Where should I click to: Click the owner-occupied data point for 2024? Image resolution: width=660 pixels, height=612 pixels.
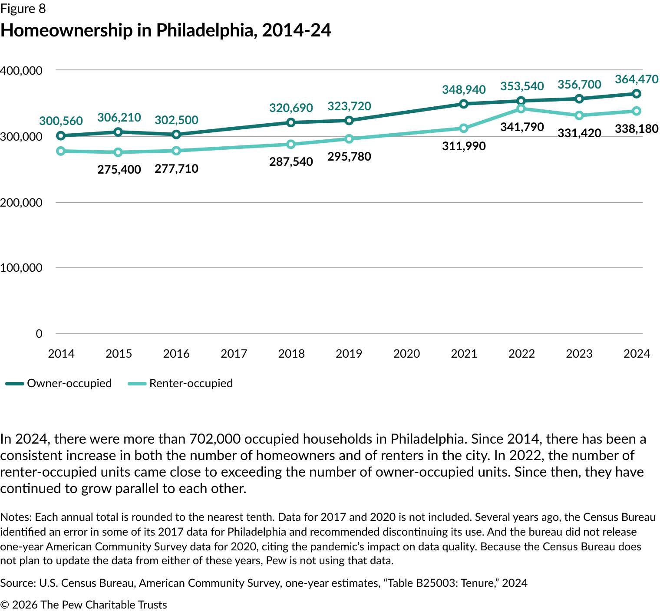tap(637, 94)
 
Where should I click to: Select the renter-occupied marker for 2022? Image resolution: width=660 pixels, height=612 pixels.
tap(521, 109)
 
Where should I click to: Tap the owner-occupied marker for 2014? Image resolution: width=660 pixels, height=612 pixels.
tap(61, 136)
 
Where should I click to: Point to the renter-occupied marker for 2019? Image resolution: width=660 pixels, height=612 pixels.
tap(349, 139)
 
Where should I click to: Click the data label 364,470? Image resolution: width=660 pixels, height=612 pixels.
tap(637, 79)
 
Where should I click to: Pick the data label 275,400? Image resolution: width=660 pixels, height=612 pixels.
tap(119, 169)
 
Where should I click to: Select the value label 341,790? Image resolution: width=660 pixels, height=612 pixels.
tap(522, 127)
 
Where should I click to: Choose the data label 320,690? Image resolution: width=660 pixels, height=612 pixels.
tap(291, 108)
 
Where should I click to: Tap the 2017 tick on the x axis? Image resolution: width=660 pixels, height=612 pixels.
tap(234, 354)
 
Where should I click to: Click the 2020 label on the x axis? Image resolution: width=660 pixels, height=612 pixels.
tap(406, 354)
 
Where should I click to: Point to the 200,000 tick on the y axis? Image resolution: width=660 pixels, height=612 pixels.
tap(21, 203)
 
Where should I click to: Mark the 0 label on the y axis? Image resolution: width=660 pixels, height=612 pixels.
tap(39, 334)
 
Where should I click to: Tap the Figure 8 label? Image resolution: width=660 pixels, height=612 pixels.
tap(23, 9)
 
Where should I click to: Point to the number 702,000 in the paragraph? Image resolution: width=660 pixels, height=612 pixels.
tap(215, 439)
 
